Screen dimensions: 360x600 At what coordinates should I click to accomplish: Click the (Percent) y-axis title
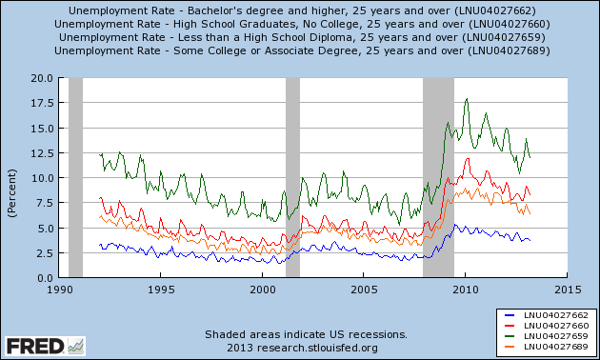tap(12, 177)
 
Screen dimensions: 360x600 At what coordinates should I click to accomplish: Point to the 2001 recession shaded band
tap(292, 177)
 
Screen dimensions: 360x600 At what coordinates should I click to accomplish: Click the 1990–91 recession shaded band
tap(75, 177)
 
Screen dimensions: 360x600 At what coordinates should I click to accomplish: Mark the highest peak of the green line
tap(466, 99)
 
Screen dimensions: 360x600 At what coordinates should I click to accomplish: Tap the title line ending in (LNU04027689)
tap(299, 50)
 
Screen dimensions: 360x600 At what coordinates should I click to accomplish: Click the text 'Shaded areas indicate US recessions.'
tap(307, 334)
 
